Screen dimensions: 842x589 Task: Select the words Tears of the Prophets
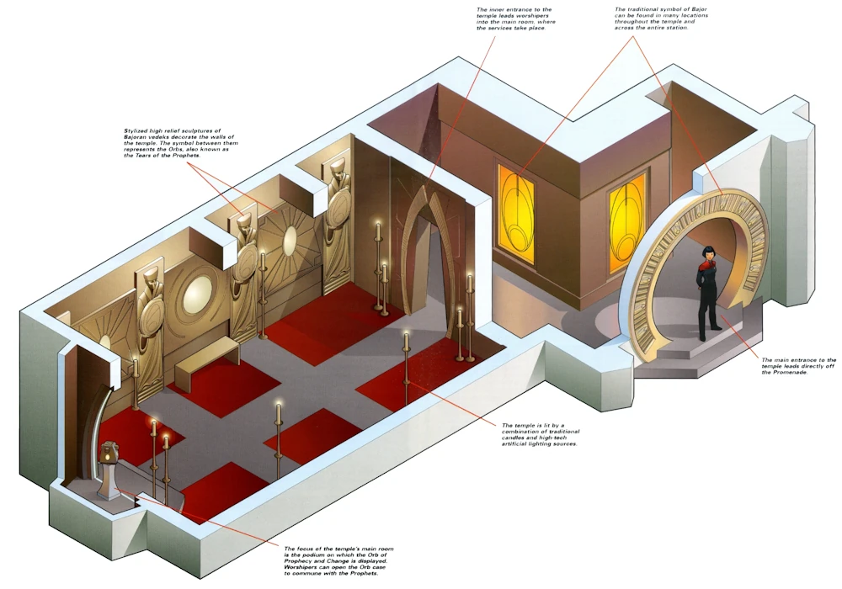tap(156, 157)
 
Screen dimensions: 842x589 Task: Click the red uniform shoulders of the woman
tap(706, 270)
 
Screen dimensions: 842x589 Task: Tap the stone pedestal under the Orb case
tap(107, 483)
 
